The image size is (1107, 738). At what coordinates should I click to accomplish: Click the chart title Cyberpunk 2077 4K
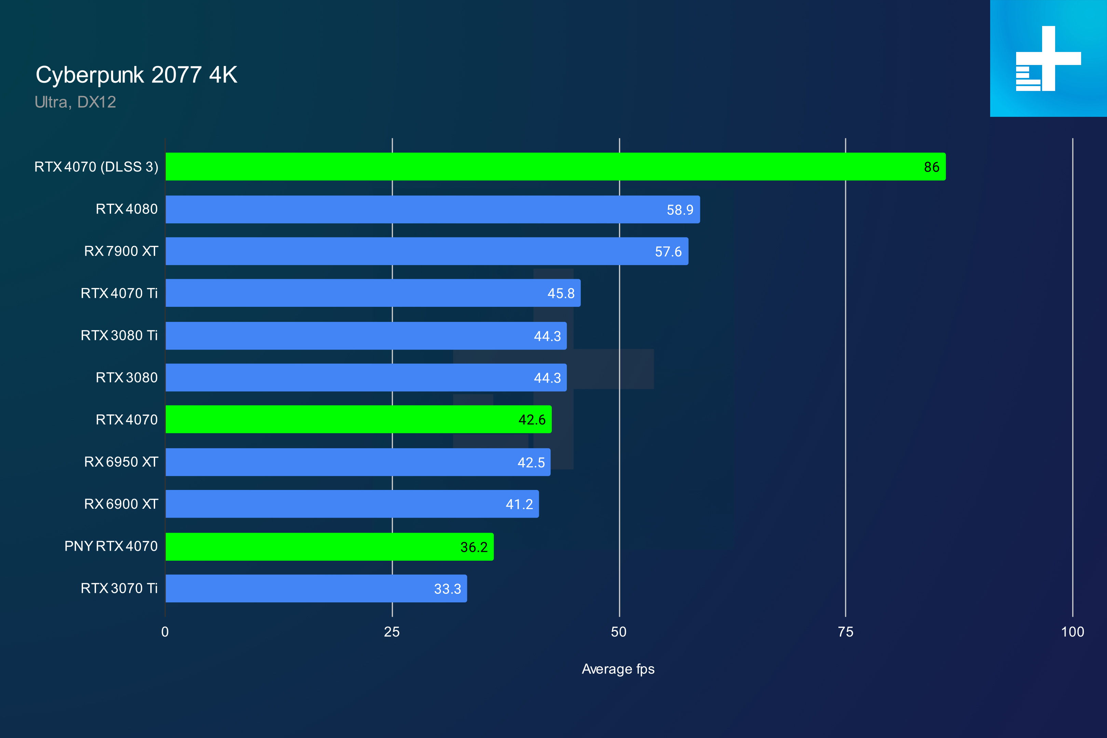[x=136, y=75]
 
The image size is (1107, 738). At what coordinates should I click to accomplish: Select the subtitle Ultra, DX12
[x=75, y=102]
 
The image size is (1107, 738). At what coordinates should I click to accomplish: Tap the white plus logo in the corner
[x=1048, y=58]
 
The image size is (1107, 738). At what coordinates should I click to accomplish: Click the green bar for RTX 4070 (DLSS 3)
[x=556, y=167]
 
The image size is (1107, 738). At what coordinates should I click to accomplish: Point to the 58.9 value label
[x=680, y=210]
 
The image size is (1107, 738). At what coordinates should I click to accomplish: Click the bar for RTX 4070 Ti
[x=373, y=293]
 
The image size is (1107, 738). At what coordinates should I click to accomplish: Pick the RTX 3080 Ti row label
[x=119, y=336]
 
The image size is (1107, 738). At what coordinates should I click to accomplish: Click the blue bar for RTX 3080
[x=366, y=378]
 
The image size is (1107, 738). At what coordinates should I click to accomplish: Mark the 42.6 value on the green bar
[x=532, y=420]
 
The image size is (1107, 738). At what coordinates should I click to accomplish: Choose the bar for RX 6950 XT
[x=358, y=462]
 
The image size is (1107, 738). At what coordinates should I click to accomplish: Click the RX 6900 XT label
[x=121, y=504]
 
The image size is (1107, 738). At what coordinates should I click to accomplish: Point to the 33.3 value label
[x=447, y=589]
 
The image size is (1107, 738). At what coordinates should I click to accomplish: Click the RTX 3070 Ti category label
[x=119, y=588]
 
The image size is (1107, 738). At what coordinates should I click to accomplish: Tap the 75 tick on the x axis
[x=845, y=632]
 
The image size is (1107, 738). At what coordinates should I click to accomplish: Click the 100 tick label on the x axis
[x=1072, y=632]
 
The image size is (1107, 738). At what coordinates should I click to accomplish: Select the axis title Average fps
[x=618, y=669]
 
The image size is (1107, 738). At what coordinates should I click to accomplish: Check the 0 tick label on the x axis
[x=165, y=632]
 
